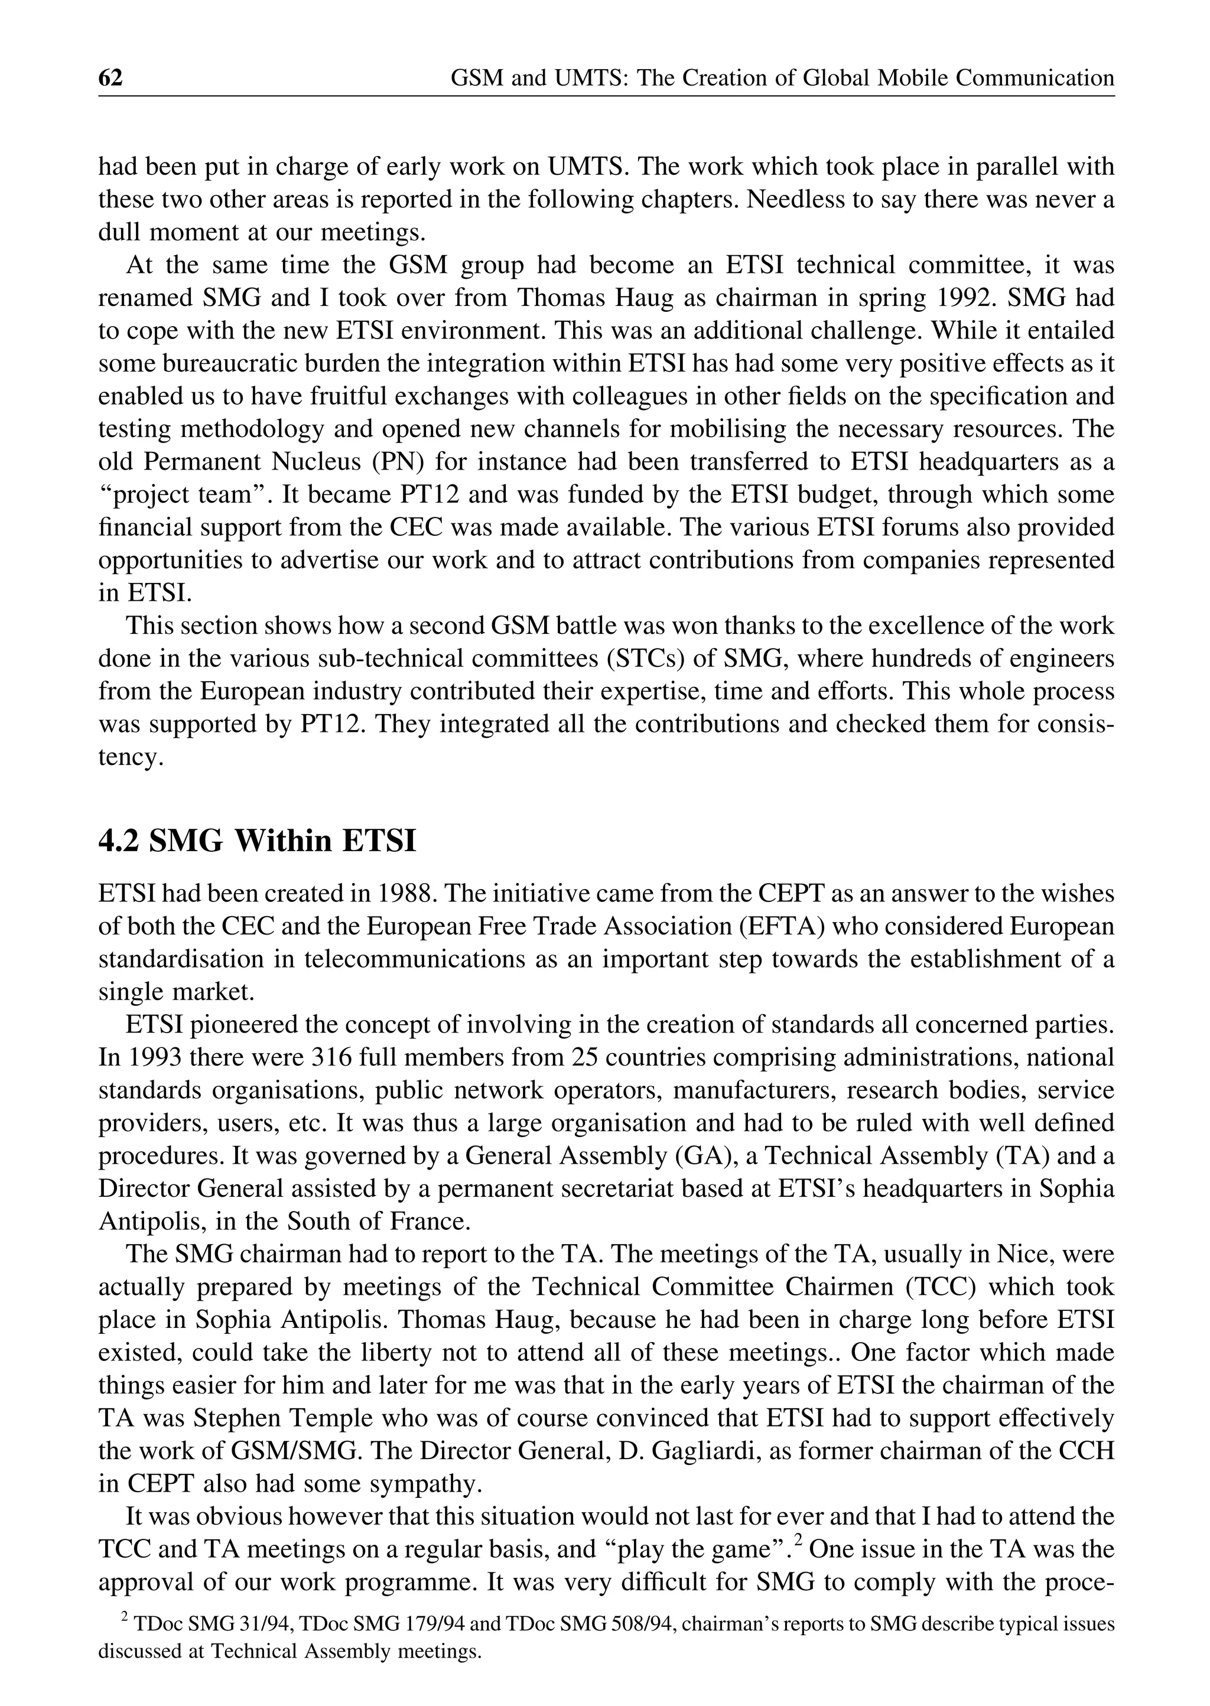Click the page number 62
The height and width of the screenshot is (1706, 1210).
pos(110,77)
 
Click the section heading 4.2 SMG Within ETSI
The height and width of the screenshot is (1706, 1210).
pos(257,841)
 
